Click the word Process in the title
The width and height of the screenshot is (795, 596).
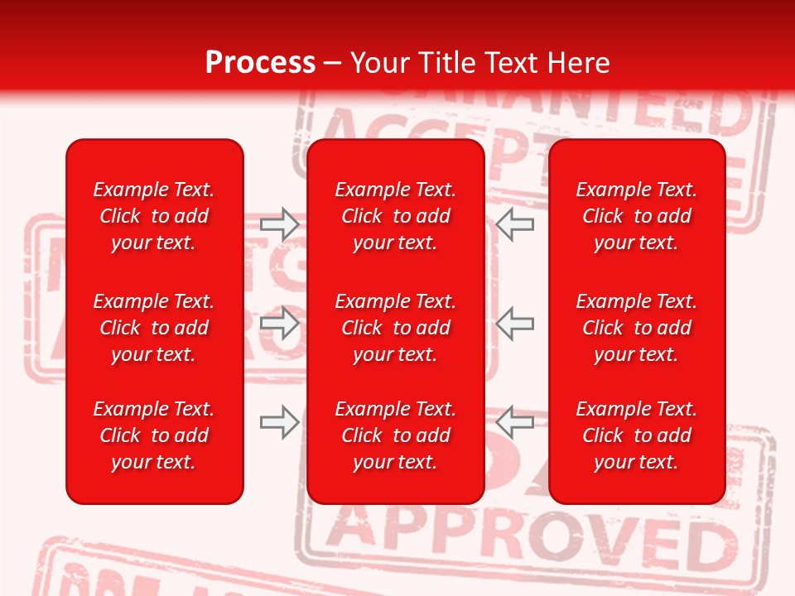(x=260, y=62)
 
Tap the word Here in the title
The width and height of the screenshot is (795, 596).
(x=579, y=62)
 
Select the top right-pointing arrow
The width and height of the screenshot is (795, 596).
(x=280, y=223)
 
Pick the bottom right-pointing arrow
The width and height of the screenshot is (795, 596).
(x=280, y=422)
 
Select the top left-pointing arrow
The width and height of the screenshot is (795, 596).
(x=515, y=223)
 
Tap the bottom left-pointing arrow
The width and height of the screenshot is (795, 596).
(x=515, y=422)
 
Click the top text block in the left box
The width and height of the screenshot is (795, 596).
(x=154, y=216)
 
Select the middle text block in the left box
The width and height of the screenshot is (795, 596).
(x=154, y=328)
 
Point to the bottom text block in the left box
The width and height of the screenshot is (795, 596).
(x=154, y=435)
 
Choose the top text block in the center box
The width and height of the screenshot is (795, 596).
(x=396, y=216)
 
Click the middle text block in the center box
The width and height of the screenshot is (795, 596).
(x=396, y=328)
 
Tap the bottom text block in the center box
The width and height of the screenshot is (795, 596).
(x=396, y=435)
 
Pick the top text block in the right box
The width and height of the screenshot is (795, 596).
(x=637, y=216)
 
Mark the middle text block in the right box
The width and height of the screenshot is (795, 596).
(x=637, y=328)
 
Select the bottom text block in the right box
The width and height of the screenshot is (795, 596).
(x=637, y=435)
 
